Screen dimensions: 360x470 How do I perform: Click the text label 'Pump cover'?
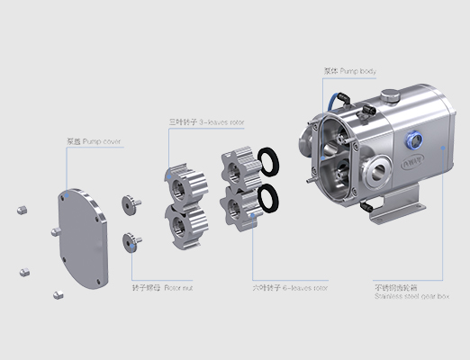tap(95, 142)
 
